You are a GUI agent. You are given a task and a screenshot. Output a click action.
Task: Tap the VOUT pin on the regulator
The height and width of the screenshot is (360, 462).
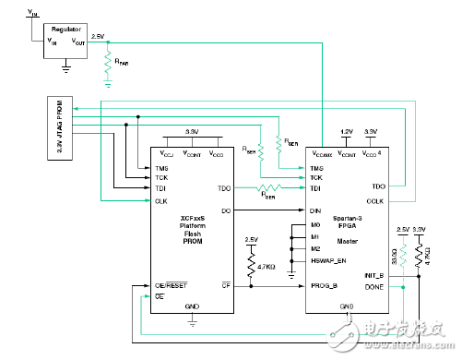click(78, 42)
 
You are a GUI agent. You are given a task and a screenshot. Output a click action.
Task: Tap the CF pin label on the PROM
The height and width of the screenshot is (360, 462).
click(224, 285)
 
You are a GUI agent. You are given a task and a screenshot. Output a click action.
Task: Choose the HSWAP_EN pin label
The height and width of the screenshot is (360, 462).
click(327, 260)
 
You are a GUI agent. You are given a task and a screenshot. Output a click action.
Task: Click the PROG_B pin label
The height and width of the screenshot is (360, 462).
click(325, 285)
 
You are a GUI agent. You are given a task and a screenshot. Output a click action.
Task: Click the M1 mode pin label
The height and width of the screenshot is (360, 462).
click(315, 236)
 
